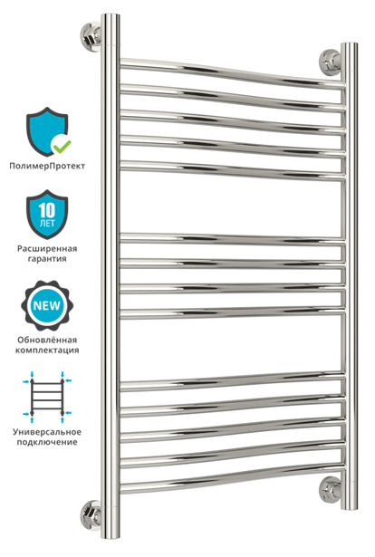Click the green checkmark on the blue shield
click(x=61, y=145)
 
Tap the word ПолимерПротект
click(x=47, y=166)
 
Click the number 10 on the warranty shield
click(x=47, y=211)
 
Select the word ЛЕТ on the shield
click(x=47, y=223)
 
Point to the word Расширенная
click(x=47, y=248)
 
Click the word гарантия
click(x=47, y=259)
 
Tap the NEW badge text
click(x=47, y=305)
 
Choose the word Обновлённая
click(x=47, y=340)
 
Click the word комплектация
click(x=47, y=351)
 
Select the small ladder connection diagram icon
click(x=47, y=397)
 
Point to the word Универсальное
click(x=47, y=432)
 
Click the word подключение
click(x=47, y=442)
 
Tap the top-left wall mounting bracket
click(x=91, y=36)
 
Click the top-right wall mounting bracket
click(x=331, y=62)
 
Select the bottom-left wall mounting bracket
click(x=91, y=514)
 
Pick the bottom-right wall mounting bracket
click(x=331, y=490)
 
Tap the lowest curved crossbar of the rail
click(x=233, y=478)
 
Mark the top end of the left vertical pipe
click(x=111, y=14)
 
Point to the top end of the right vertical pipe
click(x=349, y=44)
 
